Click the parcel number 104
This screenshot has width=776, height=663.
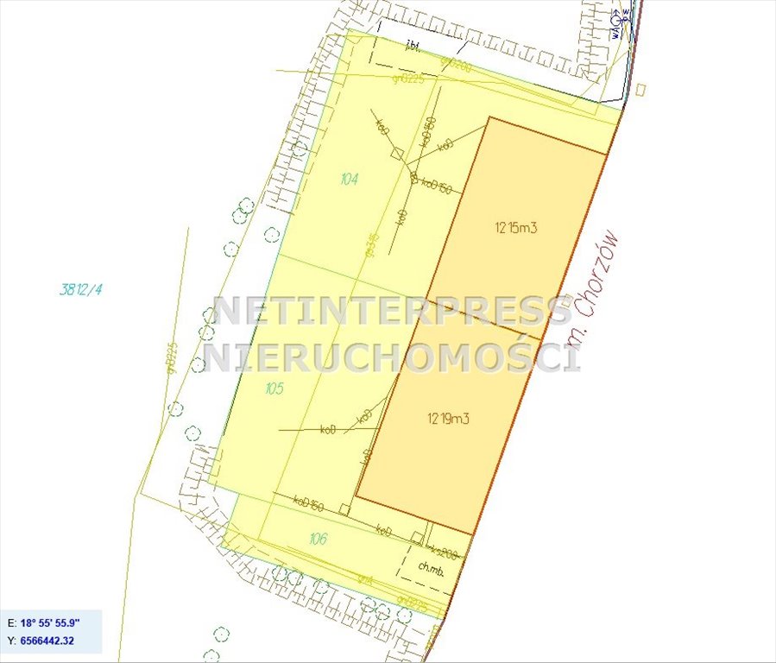click(349, 180)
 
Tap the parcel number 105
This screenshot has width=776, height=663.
click(274, 388)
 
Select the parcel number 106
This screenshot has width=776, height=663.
click(318, 539)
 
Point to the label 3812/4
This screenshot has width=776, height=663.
click(80, 290)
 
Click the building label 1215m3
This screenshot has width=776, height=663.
click(517, 229)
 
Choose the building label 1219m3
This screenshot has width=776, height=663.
click(448, 419)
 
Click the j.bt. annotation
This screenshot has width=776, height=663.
click(413, 49)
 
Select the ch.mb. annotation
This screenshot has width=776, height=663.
click(430, 567)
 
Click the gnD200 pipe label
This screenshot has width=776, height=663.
click(455, 64)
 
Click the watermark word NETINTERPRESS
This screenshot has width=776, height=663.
click(393, 312)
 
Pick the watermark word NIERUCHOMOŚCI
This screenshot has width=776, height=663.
click(392, 356)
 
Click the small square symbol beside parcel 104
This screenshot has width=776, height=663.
click(398, 154)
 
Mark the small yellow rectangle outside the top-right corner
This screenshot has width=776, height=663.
click(640, 88)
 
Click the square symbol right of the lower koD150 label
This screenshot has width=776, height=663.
click(344, 509)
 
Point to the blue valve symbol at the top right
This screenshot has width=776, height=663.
click(616, 17)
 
